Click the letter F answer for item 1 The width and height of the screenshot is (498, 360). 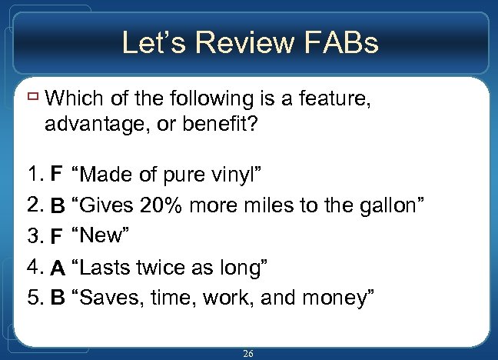point(55,175)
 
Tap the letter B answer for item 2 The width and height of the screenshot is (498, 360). point(58,206)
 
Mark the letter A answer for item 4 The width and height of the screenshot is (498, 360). point(58,268)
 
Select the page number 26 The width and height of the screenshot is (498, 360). point(247,353)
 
